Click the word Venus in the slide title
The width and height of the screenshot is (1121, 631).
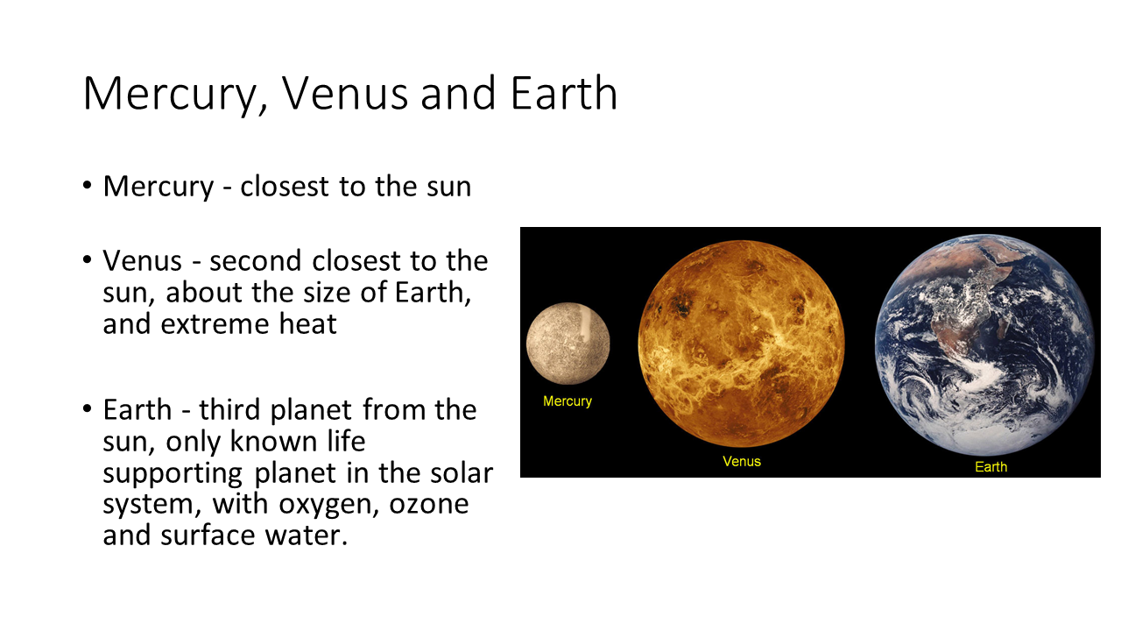[345, 93]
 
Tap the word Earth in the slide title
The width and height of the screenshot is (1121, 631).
[564, 93]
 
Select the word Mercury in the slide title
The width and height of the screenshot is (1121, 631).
[175, 96]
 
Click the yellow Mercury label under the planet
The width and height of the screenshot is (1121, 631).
[568, 401]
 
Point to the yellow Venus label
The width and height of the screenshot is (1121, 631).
[742, 461]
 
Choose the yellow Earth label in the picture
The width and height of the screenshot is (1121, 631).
[991, 467]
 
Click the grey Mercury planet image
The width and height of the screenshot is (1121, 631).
[568, 343]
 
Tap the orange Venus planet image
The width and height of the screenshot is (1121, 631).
[741, 344]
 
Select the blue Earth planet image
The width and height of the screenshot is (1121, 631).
[985, 345]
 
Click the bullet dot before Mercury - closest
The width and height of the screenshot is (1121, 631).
[87, 186]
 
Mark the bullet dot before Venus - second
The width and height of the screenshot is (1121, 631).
[87, 260]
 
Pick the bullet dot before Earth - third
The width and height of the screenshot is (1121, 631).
[87, 409]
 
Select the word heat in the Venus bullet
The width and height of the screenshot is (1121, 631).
[307, 323]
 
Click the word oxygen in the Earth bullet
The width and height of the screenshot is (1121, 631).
[328, 505]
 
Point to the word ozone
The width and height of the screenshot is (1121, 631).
[429, 505]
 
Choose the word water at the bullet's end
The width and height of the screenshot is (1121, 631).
[306, 535]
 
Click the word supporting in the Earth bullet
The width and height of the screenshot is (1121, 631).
[173, 474]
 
